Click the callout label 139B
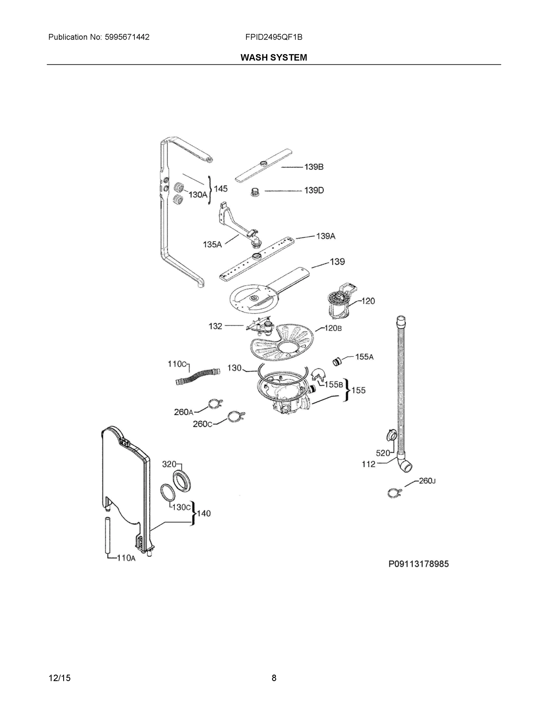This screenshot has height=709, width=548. click(314, 167)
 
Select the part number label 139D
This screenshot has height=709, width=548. click(314, 190)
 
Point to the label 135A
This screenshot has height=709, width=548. click(212, 244)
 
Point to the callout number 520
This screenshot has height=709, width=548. click(383, 453)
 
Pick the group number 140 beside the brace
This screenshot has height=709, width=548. click(204, 513)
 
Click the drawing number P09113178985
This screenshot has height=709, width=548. click(419, 564)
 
